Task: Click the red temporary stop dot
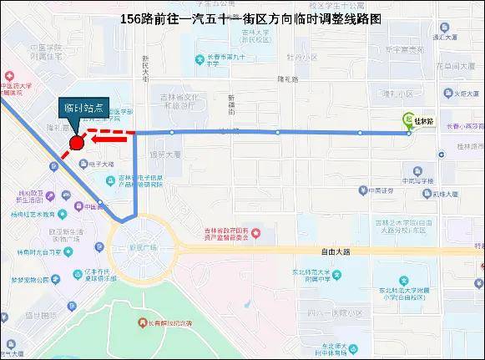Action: [76, 142]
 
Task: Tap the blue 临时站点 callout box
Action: [84, 108]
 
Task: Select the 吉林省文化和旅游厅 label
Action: [176, 102]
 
